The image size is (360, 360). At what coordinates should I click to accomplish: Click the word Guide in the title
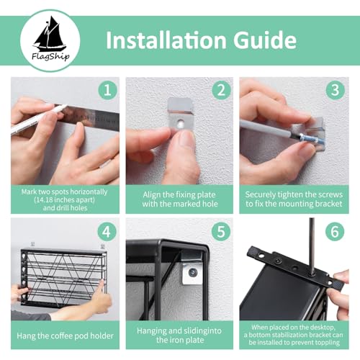click(265, 40)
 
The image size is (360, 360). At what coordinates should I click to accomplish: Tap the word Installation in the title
click(166, 40)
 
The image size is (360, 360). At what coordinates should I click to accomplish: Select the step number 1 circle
click(107, 90)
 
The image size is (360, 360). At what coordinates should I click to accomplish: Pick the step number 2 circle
click(221, 90)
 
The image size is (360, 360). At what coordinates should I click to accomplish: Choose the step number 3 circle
click(335, 90)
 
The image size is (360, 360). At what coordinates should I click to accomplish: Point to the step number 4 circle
click(107, 232)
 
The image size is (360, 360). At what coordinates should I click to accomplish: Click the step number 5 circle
click(221, 232)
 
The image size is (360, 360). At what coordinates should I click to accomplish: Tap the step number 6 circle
click(335, 232)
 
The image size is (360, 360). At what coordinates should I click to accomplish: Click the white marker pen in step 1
click(38, 119)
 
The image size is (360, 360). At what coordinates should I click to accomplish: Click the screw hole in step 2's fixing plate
click(180, 124)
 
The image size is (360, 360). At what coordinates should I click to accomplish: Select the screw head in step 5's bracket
click(192, 272)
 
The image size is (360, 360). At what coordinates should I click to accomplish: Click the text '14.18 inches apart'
click(64, 199)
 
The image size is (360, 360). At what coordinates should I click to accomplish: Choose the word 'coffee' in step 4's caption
click(60, 336)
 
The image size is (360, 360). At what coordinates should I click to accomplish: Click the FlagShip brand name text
click(50, 57)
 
